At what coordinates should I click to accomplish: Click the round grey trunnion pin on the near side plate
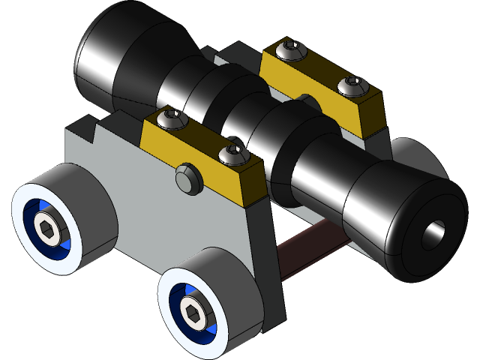coord(187,179)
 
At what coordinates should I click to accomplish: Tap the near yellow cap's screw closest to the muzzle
coord(232,156)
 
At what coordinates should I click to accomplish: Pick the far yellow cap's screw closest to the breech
coord(291,51)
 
